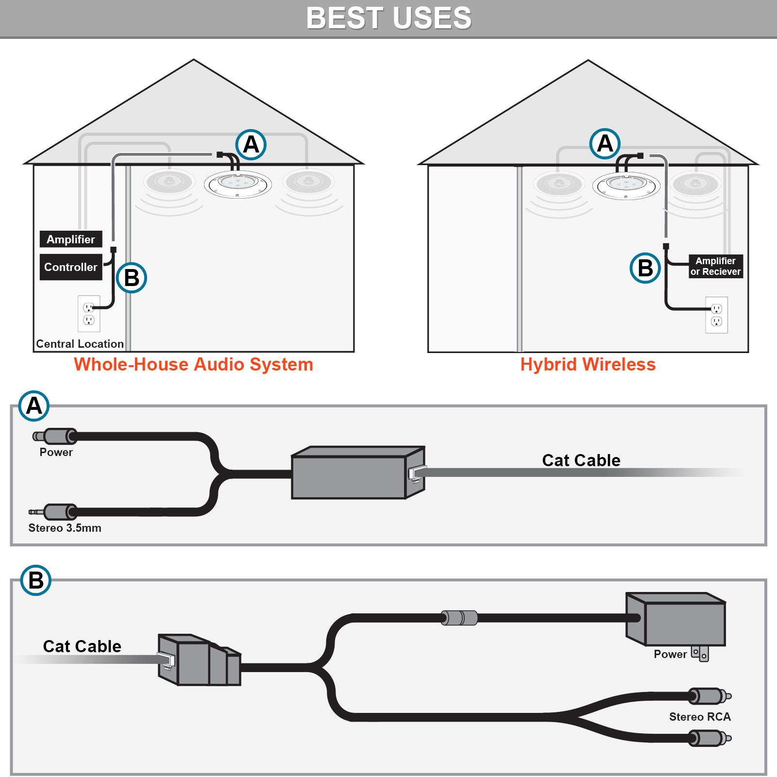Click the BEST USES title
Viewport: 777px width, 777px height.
388,18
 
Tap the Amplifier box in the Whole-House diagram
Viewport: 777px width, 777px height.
71,239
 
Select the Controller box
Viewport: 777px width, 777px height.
71,267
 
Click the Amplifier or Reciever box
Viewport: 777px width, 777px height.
715,266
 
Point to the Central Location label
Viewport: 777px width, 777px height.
80,344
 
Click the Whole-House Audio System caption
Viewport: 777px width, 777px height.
193,364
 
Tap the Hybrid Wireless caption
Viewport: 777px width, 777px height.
588,364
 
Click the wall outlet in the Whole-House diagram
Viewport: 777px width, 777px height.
89,313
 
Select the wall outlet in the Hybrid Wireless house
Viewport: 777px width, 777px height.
716,315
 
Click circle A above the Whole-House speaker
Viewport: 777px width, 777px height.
251,144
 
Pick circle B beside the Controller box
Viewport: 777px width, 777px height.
132,278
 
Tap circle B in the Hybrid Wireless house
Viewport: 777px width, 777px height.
645,268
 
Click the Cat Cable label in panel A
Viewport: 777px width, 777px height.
581,460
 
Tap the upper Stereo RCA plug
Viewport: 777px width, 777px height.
709,696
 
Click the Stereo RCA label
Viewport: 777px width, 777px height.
699,717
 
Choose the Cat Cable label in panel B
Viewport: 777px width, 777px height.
82,646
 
